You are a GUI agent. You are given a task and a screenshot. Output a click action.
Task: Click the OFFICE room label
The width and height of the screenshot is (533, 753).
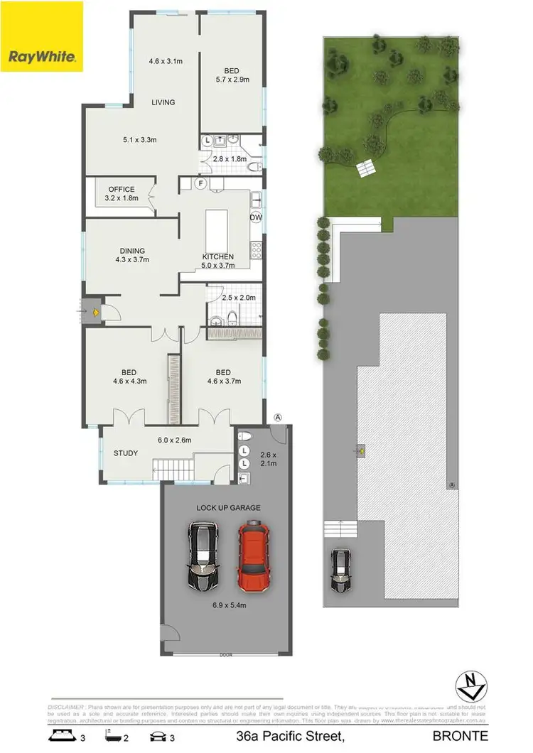pos(122,190)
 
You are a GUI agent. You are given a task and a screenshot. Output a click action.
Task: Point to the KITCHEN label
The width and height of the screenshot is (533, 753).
pos(217,256)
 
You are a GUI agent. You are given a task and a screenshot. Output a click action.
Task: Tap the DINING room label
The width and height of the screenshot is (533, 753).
pos(132,251)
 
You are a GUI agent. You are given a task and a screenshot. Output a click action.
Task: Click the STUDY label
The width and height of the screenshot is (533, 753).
pos(126,453)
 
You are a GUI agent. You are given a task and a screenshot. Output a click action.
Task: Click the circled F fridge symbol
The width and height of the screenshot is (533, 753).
pos(201,183)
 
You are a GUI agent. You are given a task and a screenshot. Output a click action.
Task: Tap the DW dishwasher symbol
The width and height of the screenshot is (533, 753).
pos(256,217)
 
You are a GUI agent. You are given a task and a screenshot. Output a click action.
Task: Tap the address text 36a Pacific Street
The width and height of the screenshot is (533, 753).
pos(291,736)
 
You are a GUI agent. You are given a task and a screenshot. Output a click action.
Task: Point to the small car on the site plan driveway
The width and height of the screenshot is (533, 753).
pos(340,570)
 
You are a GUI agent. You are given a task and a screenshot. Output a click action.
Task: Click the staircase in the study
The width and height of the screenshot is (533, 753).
pos(173,468)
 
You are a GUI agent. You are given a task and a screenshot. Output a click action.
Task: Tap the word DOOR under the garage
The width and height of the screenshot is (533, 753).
pos(226,654)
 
